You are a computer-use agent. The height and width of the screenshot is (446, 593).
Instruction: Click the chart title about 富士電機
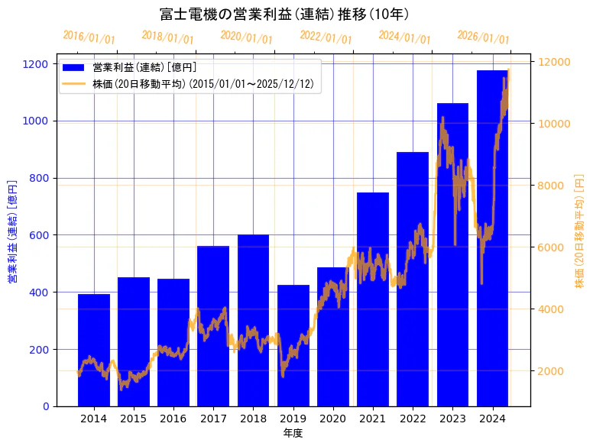pyautogui.click(x=284, y=14)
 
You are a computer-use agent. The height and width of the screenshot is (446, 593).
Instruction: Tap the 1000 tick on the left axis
pyautogui.click(x=40, y=121)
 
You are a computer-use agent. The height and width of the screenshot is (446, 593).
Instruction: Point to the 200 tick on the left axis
pyautogui.click(x=43, y=349)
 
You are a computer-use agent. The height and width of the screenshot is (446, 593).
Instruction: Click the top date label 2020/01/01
pyautogui.click(x=246, y=37)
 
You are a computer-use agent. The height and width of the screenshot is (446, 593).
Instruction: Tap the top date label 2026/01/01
pyautogui.click(x=483, y=37)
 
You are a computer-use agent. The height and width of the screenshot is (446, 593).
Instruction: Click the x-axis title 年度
pyautogui.click(x=293, y=433)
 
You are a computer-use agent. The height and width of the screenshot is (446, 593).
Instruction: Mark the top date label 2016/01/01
pyautogui.click(x=89, y=37)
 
